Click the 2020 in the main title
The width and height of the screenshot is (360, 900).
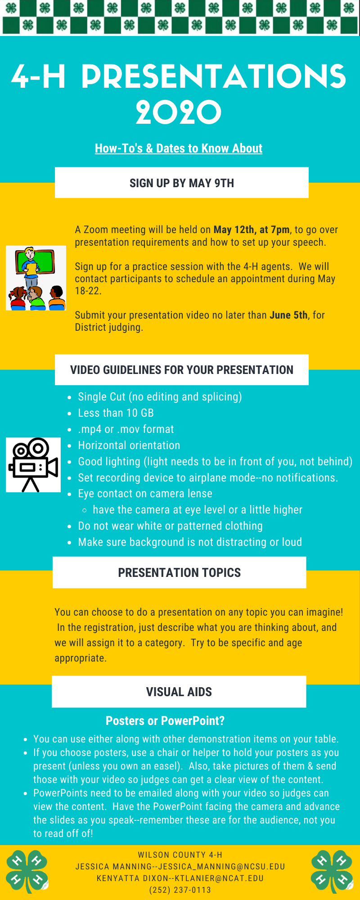point(179,112)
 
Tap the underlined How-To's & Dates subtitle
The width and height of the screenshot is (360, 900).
point(179,148)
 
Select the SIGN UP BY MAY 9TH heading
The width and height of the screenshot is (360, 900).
point(182,183)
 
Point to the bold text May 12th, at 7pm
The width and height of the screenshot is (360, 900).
point(252,229)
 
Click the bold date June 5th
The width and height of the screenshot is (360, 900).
point(288,315)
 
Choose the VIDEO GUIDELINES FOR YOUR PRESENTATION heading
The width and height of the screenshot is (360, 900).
point(182,370)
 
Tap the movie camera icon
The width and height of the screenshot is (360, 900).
point(33,465)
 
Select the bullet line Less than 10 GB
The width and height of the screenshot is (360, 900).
point(116,413)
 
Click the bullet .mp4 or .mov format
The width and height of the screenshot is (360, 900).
point(126,429)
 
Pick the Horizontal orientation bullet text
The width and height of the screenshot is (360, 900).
point(129,445)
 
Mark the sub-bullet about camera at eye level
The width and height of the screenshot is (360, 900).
point(198,510)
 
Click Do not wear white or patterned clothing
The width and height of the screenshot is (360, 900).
point(170,526)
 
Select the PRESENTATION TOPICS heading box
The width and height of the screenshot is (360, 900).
point(180,572)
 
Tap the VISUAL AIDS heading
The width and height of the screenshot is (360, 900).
point(179,692)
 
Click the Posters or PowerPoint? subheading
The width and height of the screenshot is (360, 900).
point(165,721)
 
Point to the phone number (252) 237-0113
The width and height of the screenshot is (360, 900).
point(180,890)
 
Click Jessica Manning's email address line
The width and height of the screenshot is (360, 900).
point(180,867)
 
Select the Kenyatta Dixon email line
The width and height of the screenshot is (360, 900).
point(180,878)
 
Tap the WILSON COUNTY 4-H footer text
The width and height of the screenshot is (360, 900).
point(180,855)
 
